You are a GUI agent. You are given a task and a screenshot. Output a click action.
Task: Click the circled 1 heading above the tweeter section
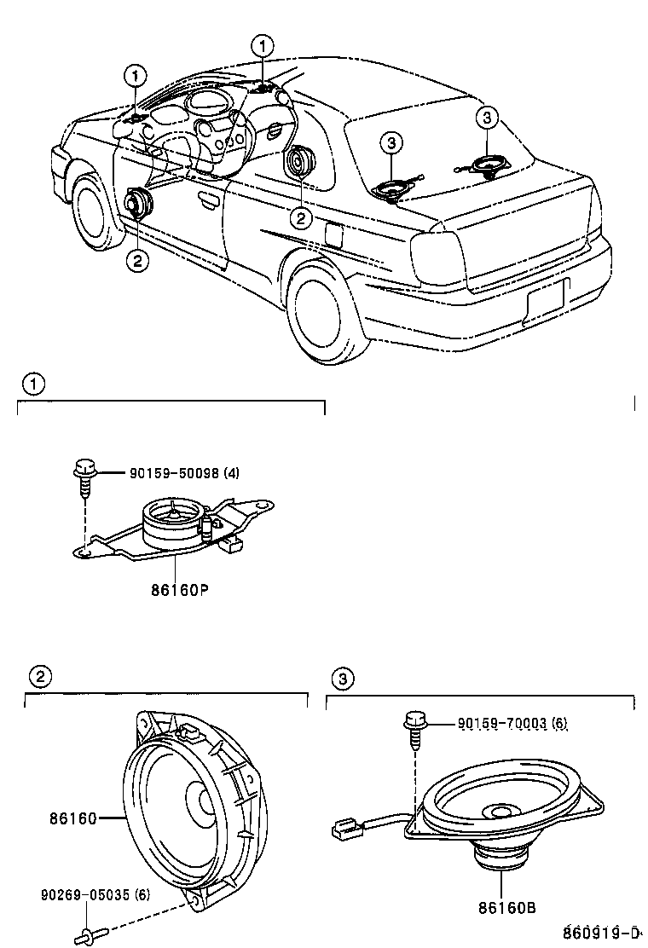pyautogui.click(x=32, y=384)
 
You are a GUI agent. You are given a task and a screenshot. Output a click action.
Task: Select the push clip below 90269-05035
pyautogui.click(x=88, y=936)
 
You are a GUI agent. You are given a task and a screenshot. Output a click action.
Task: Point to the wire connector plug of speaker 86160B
pyautogui.click(x=344, y=826)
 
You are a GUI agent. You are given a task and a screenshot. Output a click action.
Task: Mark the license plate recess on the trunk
pyautogui.click(x=545, y=298)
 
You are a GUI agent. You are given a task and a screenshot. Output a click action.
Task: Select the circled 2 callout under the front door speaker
pyautogui.click(x=136, y=261)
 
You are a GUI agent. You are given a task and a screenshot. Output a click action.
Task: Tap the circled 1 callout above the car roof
pyautogui.click(x=264, y=45)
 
